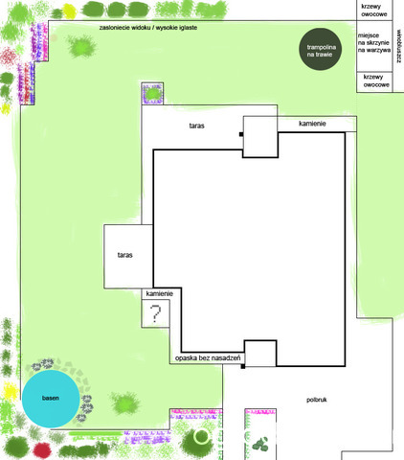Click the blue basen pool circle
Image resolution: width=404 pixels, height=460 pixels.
[51, 399]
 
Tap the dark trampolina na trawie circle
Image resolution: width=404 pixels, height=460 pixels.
[321, 49]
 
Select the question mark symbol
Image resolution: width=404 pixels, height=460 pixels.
[155, 314]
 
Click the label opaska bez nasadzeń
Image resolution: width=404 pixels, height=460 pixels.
[208, 358]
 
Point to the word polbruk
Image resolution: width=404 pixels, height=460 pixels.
[317, 400]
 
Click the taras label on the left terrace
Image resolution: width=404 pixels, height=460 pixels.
[124, 255]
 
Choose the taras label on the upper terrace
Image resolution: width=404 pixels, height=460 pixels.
[196, 126]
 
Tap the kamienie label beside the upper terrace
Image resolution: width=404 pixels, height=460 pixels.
[312, 124]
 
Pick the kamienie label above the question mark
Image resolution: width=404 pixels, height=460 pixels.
[160, 293]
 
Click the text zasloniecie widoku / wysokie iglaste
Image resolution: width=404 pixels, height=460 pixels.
[148, 28]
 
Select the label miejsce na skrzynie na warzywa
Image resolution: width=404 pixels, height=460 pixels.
[373, 43]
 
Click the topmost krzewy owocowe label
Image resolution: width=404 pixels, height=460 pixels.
[374, 11]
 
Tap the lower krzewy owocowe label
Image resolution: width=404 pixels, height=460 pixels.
[376, 80]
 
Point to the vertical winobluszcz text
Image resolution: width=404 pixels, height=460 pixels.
[399, 47]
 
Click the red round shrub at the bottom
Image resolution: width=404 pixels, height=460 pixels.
[42, 449]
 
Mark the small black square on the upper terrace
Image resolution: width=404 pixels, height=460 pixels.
[241, 134]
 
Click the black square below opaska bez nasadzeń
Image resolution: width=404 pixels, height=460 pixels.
[243, 366]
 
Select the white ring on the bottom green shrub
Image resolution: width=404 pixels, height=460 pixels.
[201, 436]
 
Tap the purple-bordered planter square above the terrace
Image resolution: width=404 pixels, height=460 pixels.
[152, 93]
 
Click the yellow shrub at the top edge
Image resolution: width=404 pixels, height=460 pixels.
[70, 11]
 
